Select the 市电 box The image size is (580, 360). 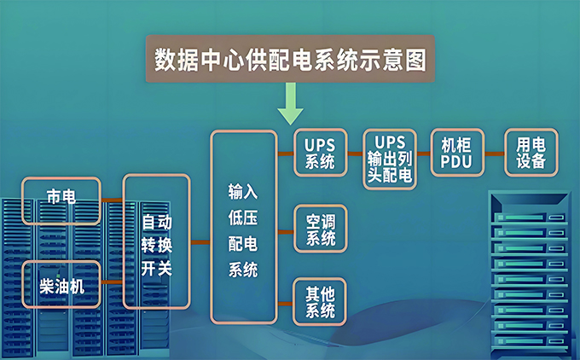point(61,200)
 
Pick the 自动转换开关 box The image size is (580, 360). point(156,241)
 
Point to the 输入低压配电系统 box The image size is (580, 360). point(243,226)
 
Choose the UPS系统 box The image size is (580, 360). point(320,153)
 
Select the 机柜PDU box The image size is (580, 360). point(456,153)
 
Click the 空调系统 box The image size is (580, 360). point(320,229)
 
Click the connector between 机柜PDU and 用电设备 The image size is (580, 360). point(494,154)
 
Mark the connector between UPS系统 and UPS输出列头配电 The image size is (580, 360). point(354,154)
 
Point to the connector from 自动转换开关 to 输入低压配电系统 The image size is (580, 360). point(200,242)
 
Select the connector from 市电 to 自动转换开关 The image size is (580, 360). point(113,200)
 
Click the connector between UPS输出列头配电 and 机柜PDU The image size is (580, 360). point(423,154)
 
